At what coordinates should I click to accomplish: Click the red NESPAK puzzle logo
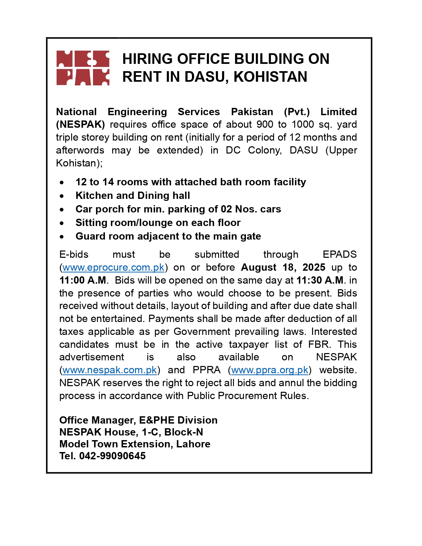[x=83, y=68]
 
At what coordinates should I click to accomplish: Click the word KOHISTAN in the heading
[x=270, y=77]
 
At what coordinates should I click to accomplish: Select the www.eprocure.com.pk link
[x=113, y=267]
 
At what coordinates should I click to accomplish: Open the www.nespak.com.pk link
[x=110, y=370]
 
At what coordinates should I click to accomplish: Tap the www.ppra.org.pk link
[x=270, y=370]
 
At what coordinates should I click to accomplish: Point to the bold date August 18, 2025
[x=283, y=267]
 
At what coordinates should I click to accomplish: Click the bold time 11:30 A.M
[x=320, y=280]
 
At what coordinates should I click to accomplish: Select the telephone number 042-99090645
[x=112, y=456]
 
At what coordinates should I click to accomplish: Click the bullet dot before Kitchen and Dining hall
[x=62, y=196]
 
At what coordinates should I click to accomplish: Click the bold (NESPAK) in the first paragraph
[x=80, y=125]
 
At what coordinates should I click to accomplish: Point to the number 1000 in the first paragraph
[x=303, y=125]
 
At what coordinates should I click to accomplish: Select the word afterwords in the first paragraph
[x=80, y=150]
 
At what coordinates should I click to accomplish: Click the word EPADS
[x=340, y=254]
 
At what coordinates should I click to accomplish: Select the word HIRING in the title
[x=148, y=59]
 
